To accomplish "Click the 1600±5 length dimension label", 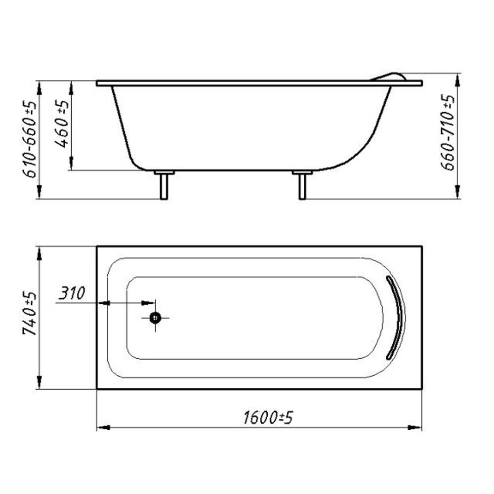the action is pos(268,418).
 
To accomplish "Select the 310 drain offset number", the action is pos(72,293).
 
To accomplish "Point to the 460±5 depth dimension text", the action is pos(62,124).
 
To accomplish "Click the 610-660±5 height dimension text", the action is pos(30,139).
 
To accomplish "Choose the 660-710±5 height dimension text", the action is pos(448,132).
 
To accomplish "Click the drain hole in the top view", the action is pos(155,318).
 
